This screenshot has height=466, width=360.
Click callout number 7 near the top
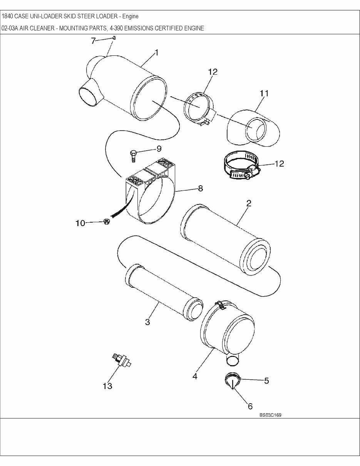(x=93, y=40)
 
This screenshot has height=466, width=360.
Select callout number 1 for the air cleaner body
(x=157, y=53)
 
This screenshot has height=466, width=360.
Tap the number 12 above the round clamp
(x=213, y=72)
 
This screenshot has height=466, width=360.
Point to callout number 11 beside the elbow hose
(x=264, y=93)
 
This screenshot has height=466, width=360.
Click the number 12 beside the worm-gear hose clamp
(x=279, y=164)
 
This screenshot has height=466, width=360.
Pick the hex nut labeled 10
(x=107, y=222)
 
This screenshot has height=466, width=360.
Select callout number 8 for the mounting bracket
(x=200, y=188)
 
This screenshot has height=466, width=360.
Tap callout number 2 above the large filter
(x=249, y=204)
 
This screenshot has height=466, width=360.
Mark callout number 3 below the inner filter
(x=147, y=322)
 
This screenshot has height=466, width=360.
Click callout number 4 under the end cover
(x=195, y=376)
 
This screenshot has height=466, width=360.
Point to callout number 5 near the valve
(x=266, y=381)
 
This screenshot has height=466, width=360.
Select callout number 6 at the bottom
(x=250, y=406)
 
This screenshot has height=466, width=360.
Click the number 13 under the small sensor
(x=107, y=386)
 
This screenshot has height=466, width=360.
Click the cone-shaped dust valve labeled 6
(x=231, y=383)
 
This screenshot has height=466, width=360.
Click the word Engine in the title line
(x=130, y=17)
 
